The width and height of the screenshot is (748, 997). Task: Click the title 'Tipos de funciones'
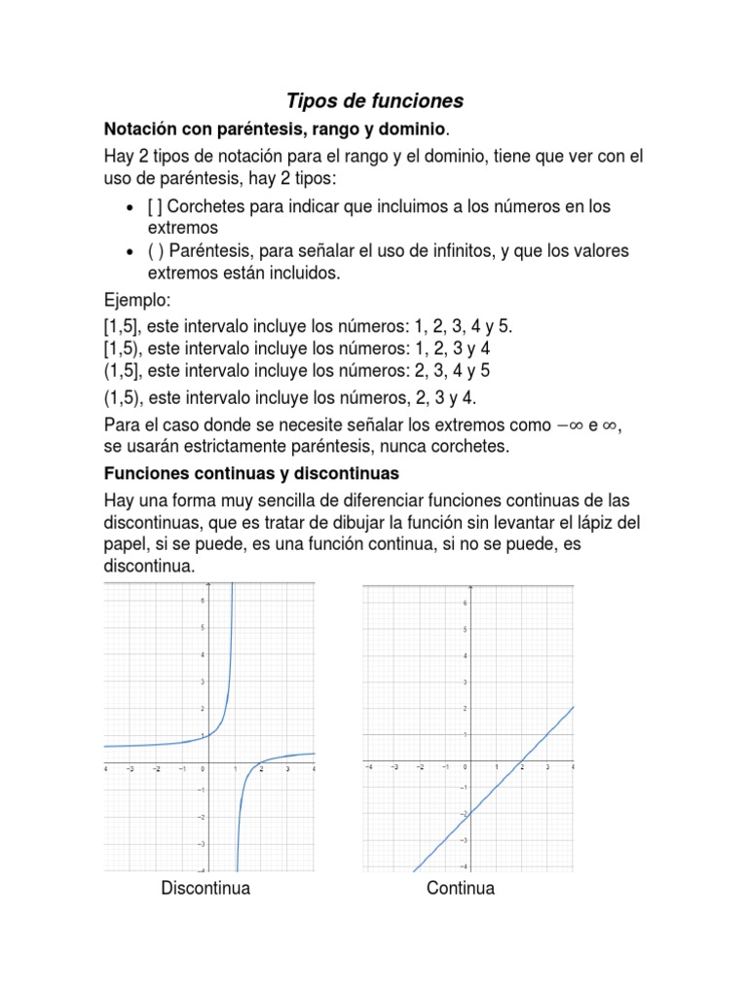[374, 101]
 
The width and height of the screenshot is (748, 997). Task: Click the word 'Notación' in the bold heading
[141, 129]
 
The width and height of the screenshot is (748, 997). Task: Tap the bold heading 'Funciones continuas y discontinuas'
[251, 474]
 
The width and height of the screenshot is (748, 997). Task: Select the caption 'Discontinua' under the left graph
[206, 888]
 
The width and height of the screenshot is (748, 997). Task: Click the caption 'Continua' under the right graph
[461, 888]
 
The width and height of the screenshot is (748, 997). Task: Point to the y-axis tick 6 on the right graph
[466, 604]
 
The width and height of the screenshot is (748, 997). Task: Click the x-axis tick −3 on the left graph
[130, 770]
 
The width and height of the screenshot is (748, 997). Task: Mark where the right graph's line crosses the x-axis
[521, 759]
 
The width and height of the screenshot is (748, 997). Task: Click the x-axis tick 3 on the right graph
[547, 768]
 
